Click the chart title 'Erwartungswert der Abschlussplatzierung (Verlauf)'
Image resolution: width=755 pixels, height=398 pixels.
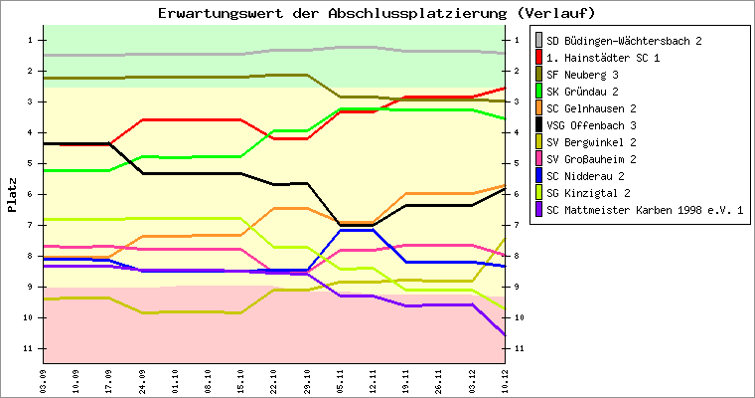pos(377,13)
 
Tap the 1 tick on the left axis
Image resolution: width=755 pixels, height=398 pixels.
pos(33,40)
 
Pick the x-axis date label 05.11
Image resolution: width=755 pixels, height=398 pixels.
pos(340,379)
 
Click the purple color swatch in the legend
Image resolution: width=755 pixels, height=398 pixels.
pos(539,210)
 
